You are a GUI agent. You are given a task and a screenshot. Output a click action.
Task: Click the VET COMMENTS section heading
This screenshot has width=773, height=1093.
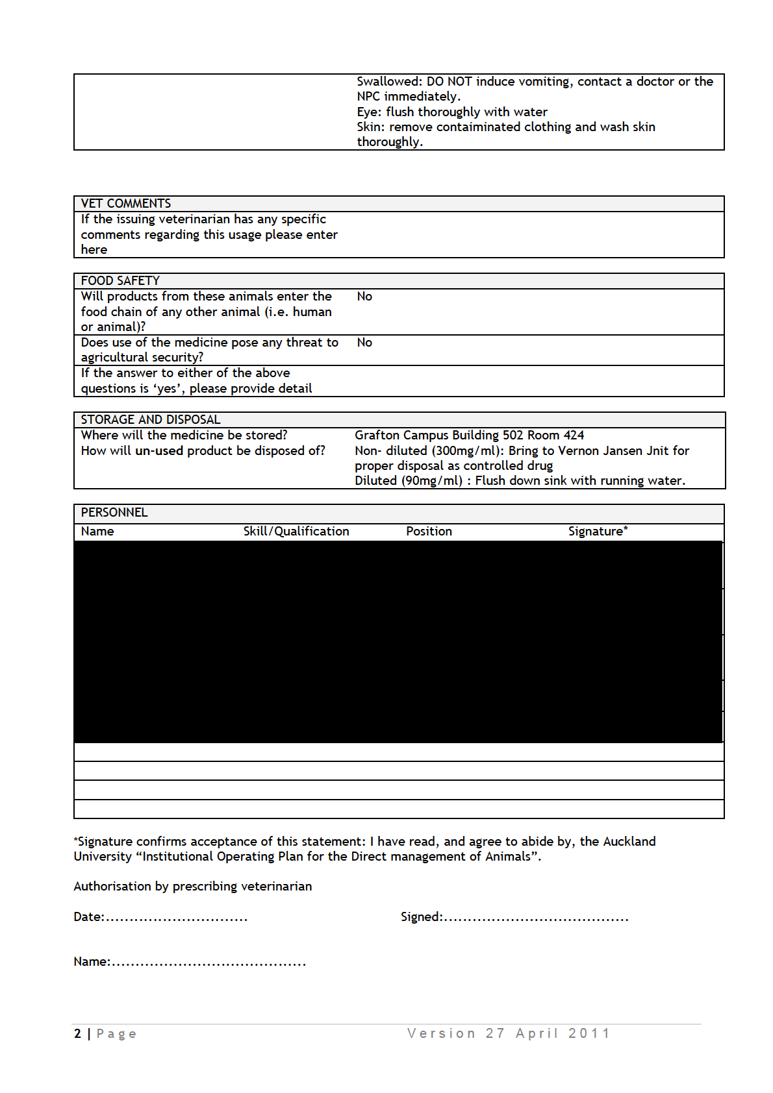tap(126, 204)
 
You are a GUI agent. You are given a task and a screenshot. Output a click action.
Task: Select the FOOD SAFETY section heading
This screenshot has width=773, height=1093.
tap(120, 281)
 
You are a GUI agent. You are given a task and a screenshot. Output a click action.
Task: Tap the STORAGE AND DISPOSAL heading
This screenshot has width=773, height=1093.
tap(151, 420)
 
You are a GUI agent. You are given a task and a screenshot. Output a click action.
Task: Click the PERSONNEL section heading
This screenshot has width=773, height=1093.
tap(114, 513)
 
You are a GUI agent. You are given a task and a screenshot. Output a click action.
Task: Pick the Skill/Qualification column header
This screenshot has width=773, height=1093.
tap(296, 532)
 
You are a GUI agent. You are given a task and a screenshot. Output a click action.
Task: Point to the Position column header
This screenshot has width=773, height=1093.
tap(429, 532)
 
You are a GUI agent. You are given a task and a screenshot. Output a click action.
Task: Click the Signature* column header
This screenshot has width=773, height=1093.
tap(598, 532)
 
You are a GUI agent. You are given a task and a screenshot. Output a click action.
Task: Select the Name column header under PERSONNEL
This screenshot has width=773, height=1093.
tap(97, 532)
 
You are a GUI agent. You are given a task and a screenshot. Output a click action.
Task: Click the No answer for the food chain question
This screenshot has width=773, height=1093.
tap(364, 297)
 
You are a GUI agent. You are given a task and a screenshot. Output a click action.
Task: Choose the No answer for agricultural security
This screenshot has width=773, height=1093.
tap(364, 343)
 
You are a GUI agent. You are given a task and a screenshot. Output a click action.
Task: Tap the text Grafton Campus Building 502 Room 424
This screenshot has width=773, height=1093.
tap(469, 436)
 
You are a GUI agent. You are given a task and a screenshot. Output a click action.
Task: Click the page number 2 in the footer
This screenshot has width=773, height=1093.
tap(78, 1034)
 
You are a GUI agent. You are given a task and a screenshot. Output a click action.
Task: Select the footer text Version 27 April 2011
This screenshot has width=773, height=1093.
tap(509, 1033)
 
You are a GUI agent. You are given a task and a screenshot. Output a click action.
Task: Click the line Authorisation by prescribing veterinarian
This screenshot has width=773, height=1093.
tap(192, 887)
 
